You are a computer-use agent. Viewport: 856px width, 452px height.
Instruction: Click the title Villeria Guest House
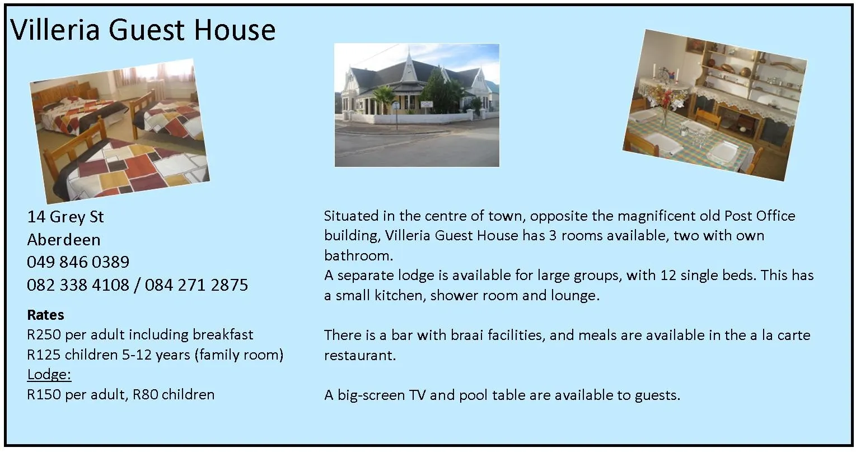pyautogui.click(x=143, y=30)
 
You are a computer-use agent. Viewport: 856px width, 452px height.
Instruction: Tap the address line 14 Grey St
pyautogui.click(x=66, y=217)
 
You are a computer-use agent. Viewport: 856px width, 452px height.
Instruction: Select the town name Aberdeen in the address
pyautogui.click(x=64, y=240)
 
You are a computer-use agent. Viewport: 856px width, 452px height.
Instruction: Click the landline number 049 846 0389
pyautogui.click(x=78, y=262)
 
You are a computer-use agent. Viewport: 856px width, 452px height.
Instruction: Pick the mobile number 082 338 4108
pyautogui.click(x=78, y=285)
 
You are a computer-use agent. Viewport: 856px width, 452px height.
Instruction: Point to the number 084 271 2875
pyautogui.click(x=197, y=285)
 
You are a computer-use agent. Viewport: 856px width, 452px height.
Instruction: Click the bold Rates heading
pyautogui.click(x=45, y=315)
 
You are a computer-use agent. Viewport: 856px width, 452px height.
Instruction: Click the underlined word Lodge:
pyautogui.click(x=49, y=375)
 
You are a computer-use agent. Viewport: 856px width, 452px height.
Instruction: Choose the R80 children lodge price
pyautogui.click(x=146, y=395)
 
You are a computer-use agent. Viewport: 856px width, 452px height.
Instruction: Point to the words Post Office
pyautogui.click(x=760, y=216)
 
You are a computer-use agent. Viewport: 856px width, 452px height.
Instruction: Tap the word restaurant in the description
pyautogui.click(x=360, y=356)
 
